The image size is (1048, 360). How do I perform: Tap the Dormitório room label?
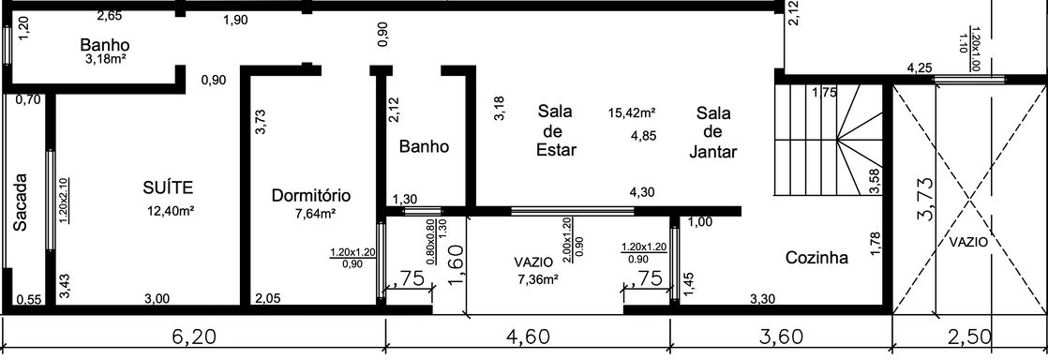311,196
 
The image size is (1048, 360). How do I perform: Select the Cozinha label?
816,258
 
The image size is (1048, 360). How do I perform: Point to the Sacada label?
21,202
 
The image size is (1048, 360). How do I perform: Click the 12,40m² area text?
171,212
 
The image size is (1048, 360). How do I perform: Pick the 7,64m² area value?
315,214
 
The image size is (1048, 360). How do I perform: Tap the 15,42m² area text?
632,112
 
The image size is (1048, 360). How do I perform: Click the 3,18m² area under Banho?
104,59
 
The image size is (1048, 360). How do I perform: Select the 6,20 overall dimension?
193,337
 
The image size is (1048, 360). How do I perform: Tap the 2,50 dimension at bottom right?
967,337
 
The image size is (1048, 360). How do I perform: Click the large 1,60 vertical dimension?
457,263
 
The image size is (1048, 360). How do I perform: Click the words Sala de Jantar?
712,131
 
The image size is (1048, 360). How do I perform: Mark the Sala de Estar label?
556,130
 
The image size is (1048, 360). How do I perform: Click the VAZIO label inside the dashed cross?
968,243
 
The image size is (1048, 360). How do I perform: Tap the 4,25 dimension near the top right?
920,68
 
